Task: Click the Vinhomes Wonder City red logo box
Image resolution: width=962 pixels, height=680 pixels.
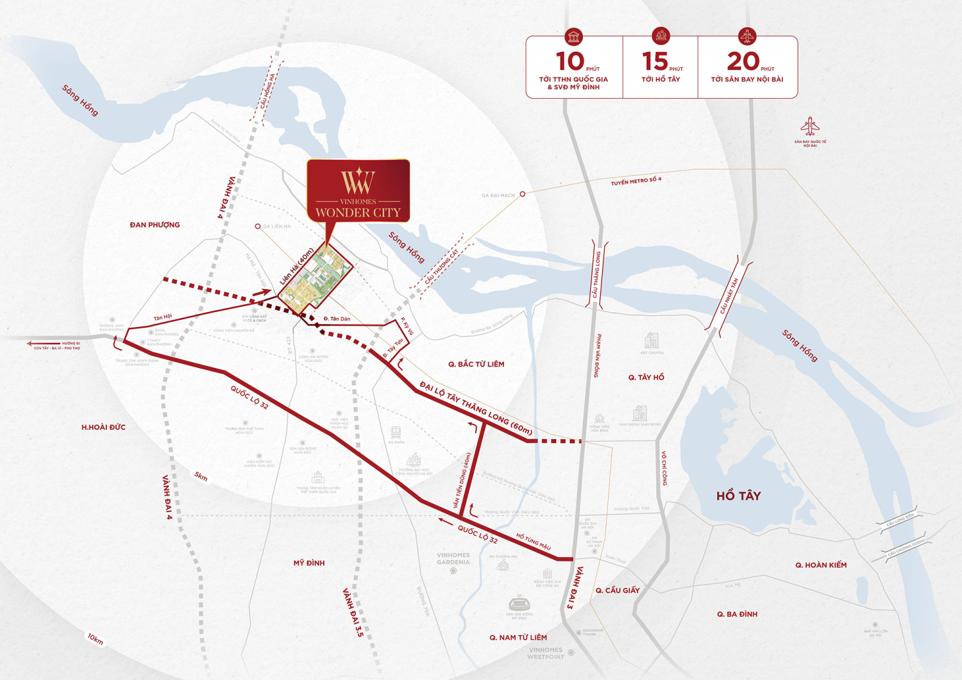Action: pyautogui.click(x=358, y=191)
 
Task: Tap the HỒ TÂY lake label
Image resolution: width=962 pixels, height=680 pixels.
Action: pyautogui.click(x=738, y=496)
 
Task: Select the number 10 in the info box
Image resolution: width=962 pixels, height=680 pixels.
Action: pyautogui.click(x=570, y=62)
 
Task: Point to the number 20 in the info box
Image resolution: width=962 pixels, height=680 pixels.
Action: pyautogui.click(x=743, y=62)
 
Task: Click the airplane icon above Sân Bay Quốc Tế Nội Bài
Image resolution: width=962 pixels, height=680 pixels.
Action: pyautogui.click(x=810, y=126)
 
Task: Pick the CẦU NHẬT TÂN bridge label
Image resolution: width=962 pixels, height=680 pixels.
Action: pyautogui.click(x=729, y=295)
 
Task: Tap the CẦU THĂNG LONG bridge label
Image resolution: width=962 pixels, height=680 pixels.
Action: pyautogui.click(x=596, y=275)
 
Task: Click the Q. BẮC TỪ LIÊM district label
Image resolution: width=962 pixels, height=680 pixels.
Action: pyautogui.click(x=476, y=364)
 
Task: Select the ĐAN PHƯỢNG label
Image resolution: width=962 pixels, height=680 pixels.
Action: pyautogui.click(x=155, y=225)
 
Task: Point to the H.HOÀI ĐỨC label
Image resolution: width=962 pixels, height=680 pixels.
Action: pyautogui.click(x=103, y=427)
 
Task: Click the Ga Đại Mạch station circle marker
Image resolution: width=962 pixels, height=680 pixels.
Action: pyautogui.click(x=523, y=194)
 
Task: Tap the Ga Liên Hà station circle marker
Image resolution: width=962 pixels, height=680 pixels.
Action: pyautogui.click(x=258, y=226)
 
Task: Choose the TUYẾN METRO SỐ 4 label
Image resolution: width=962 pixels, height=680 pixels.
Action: pyautogui.click(x=636, y=181)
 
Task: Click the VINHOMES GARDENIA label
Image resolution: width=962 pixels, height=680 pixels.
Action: pyautogui.click(x=453, y=559)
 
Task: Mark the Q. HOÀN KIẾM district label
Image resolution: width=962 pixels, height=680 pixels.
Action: pyautogui.click(x=821, y=565)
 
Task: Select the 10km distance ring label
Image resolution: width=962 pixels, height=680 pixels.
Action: pyautogui.click(x=96, y=639)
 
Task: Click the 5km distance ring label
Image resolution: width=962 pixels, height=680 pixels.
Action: pyautogui.click(x=201, y=476)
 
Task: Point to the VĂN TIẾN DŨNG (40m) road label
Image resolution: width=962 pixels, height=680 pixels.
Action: pyautogui.click(x=465, y=481)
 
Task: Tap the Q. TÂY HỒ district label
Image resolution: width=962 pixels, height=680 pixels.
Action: pyautogui.click(x=646, y=377)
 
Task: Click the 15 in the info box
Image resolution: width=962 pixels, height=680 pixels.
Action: pyautogui.click(x=655, y=62)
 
